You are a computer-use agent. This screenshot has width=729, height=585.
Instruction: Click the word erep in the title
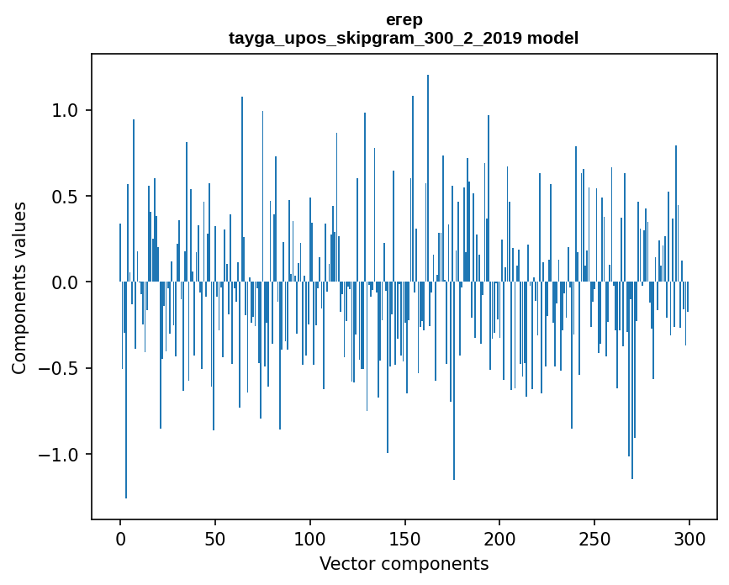coord(404,19)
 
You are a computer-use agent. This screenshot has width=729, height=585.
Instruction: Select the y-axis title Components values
coord(19,287)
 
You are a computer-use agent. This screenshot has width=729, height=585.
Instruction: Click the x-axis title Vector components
coord(404,563)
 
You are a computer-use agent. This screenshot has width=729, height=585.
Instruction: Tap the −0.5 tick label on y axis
coord(61,369)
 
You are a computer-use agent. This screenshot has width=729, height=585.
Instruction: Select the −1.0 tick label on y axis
coord(61,455)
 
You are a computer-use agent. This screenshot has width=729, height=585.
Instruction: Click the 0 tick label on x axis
coord(120,538)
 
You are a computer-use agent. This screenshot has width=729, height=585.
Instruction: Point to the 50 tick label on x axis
coord(215,538)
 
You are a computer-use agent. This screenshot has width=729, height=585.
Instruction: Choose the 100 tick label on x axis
coord(309,538)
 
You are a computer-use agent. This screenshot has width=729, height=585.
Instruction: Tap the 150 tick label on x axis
coord(404,538)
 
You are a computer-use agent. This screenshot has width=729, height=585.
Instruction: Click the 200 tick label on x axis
coord(499,538)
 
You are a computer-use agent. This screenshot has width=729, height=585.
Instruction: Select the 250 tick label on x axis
coord(594,538)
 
